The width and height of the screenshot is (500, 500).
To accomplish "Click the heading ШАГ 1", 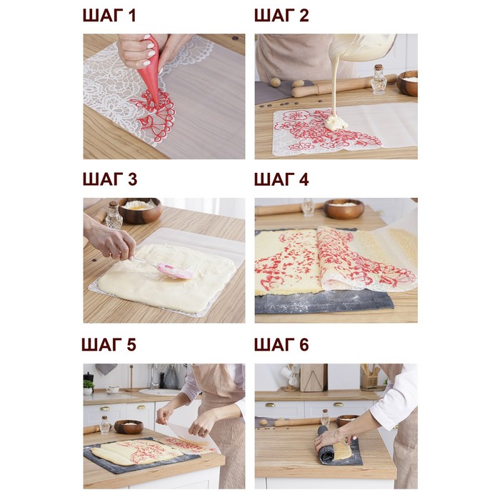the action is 109,16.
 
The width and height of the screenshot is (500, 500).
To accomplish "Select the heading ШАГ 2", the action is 281,16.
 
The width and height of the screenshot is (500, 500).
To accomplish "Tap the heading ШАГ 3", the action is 110,179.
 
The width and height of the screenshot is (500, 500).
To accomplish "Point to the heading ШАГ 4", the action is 281,179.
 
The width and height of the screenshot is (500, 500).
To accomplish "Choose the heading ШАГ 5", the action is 109,344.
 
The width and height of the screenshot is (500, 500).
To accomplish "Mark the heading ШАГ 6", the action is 281,344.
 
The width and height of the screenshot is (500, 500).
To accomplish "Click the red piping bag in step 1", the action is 150,70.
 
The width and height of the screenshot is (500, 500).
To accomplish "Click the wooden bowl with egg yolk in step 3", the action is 140,210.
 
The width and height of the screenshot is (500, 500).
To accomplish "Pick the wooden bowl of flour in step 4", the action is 344,209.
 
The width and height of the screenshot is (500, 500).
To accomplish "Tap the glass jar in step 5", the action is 104,425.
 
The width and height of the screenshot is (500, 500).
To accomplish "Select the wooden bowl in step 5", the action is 129,426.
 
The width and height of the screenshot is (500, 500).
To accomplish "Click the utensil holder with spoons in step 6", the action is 369,377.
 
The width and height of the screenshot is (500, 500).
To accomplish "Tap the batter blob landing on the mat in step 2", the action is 336,123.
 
